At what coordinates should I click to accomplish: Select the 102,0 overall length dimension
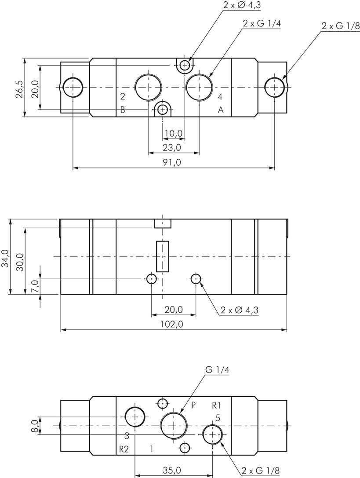click(x=171, y=325)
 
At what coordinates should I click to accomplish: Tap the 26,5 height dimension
click(x=19, y=89)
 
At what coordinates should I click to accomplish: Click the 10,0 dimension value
click(x=174, y=133)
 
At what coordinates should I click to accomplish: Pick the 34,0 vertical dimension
click(x=5, y=259)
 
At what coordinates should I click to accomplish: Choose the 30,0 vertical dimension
click(x=20, y=262)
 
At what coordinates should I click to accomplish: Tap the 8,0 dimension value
click(x=35, y=426)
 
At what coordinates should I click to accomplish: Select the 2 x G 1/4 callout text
click(x=261, y=24)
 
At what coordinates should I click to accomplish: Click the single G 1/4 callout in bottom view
click(x=217, y=370)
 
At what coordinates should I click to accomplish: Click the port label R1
click(x=216, y=405)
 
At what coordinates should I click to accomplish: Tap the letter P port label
click(x=193, y=405)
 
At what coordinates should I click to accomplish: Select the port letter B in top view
click(x=123, y=110)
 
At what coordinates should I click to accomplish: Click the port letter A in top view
click(x=221, y=110)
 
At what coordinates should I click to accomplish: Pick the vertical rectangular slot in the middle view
click(x=163, y=256)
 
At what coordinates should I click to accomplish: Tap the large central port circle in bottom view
click(x=174, y=425)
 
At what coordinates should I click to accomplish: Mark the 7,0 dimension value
click(x=35, y=286)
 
